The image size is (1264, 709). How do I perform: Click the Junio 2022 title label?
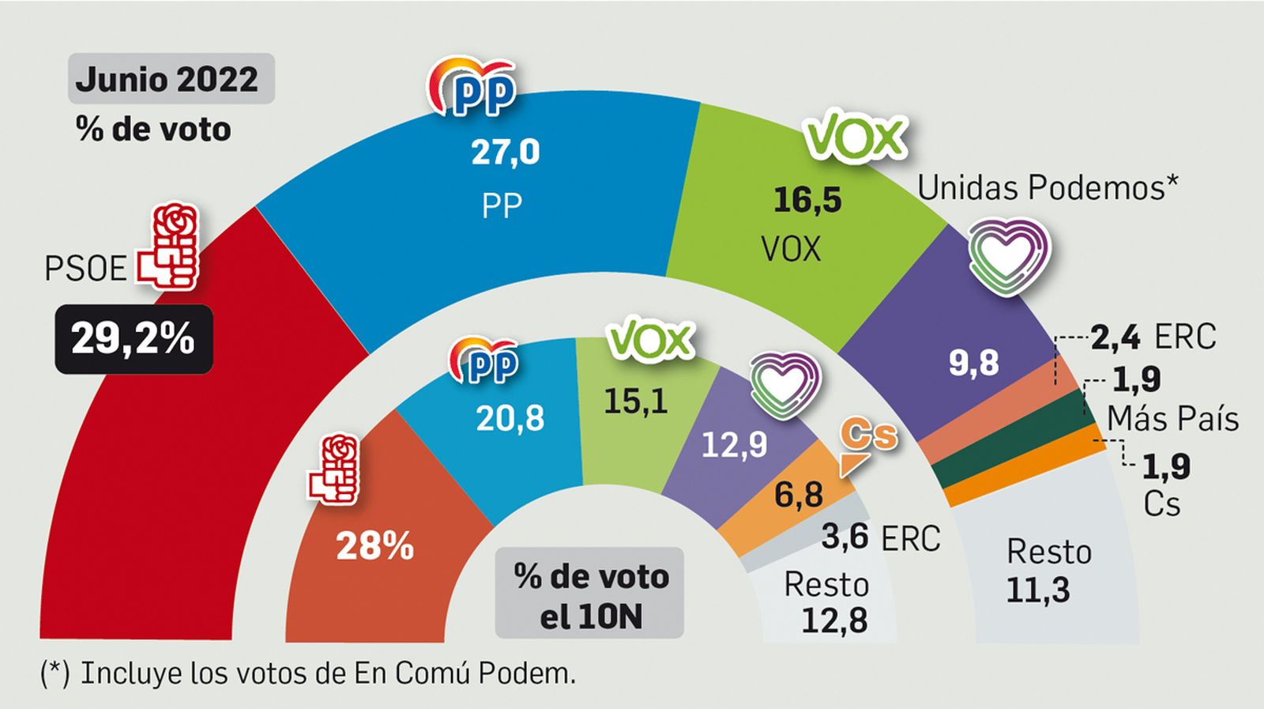[170, 79]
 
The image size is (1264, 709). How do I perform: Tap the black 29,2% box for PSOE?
[134, 338]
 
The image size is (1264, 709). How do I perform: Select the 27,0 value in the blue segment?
[505, 151]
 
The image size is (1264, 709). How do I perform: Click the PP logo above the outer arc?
[472, 87]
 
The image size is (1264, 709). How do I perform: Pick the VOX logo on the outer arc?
[855, 138]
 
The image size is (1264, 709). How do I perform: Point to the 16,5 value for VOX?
[807, 199]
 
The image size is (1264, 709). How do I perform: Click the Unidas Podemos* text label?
[1048, 188]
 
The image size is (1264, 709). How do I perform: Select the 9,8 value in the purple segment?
[973, 363]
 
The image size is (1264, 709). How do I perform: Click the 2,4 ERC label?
[1153, 338]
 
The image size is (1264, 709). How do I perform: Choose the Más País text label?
[1172, 418]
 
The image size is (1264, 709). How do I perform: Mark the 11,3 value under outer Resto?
[1037, 590]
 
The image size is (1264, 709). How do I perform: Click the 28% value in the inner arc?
[374, 545]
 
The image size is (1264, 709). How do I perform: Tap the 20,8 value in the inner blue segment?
[510, 418]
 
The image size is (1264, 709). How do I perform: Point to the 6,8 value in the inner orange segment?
[798, 495]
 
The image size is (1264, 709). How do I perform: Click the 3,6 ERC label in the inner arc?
[880, 537]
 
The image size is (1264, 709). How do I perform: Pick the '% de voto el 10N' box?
[589, 594]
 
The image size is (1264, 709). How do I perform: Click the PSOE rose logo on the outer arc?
[169, 245]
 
